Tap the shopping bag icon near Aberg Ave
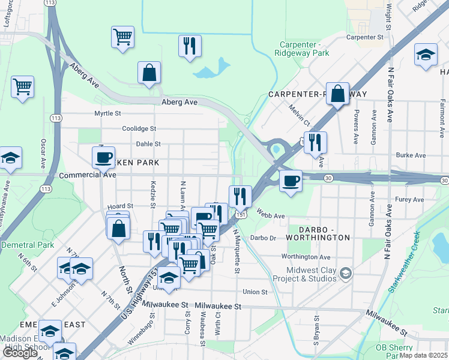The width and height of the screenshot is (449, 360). tap(149, 73)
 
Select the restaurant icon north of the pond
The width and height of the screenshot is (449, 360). tap(190, 46)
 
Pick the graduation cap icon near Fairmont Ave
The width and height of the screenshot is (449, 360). tap(426, 55)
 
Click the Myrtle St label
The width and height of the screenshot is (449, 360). tap(107, 113)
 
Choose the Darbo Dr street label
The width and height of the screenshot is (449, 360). tap(262, 238)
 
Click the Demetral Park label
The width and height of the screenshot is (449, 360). tap(28, 245)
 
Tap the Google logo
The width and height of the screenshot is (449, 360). tap(20, 353)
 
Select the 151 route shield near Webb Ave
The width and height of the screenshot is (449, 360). tap(240, 214)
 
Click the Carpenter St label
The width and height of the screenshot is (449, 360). tap(365, 37)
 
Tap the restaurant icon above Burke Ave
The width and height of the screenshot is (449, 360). tap(315, 142)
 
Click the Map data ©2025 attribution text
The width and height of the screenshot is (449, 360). tap(424, 355)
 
